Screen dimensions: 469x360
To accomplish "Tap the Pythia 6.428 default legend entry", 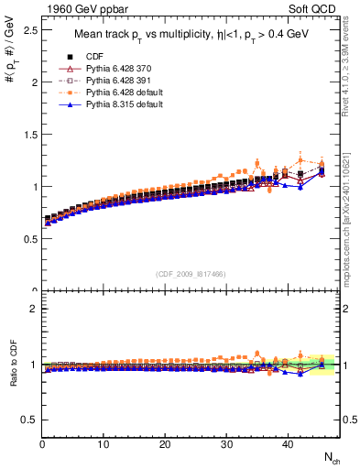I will (116, 92).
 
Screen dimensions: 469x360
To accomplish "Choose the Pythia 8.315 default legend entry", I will (116, 104).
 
